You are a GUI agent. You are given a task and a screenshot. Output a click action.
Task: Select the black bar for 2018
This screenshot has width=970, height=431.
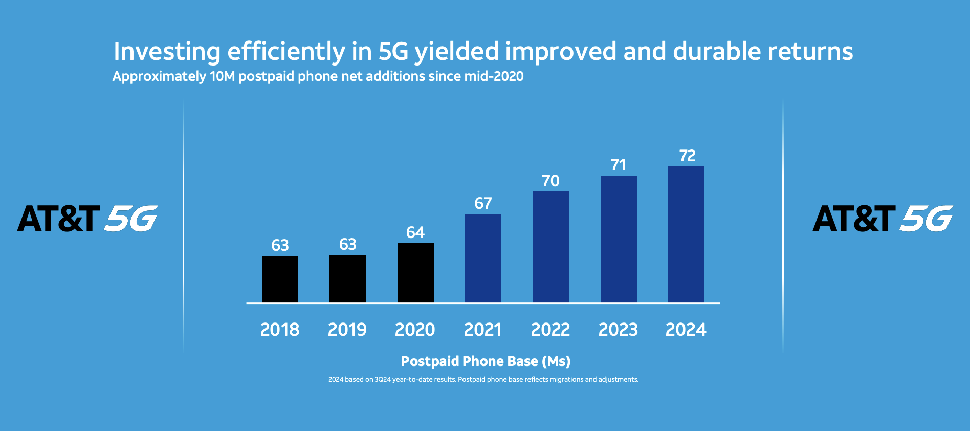point(280,279)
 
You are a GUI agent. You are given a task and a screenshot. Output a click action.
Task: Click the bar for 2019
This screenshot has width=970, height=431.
point(347,278)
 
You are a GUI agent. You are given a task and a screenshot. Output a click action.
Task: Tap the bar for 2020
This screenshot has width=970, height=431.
point(415,273)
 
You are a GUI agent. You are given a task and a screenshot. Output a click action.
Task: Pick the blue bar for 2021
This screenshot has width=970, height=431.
point(483,258)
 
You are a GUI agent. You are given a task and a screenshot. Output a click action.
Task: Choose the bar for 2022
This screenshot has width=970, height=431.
point(550,247)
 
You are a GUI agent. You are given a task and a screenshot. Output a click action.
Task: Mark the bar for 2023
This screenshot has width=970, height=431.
point(619,239)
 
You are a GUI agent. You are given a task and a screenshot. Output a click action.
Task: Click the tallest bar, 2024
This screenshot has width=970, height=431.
point(686,234)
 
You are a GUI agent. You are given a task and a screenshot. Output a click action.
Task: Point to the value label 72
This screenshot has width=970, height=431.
point(687,156)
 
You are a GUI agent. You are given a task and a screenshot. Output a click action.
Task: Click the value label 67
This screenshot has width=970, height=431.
point(483,204)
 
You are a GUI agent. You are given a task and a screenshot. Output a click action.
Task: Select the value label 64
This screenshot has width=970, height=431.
point(415,233)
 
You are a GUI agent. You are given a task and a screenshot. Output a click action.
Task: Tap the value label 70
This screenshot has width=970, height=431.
point(550,181)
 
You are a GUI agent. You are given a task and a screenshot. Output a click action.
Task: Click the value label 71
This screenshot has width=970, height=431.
point(619,165)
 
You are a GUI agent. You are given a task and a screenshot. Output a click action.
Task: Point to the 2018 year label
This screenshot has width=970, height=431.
point(280,330)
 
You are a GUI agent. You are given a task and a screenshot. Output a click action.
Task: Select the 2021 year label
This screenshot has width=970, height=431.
point(482,330)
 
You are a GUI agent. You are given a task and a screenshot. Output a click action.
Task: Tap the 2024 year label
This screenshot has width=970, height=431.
point(686,330)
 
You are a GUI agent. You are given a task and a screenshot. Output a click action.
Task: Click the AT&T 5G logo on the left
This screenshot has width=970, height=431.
point(87,219)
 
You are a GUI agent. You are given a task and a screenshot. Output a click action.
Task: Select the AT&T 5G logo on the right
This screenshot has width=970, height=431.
point(883,219)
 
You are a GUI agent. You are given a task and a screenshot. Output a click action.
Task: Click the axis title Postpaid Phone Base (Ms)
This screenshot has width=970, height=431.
point(486,361)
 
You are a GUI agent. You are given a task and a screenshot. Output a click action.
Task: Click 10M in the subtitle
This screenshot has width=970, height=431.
point(222,76)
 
